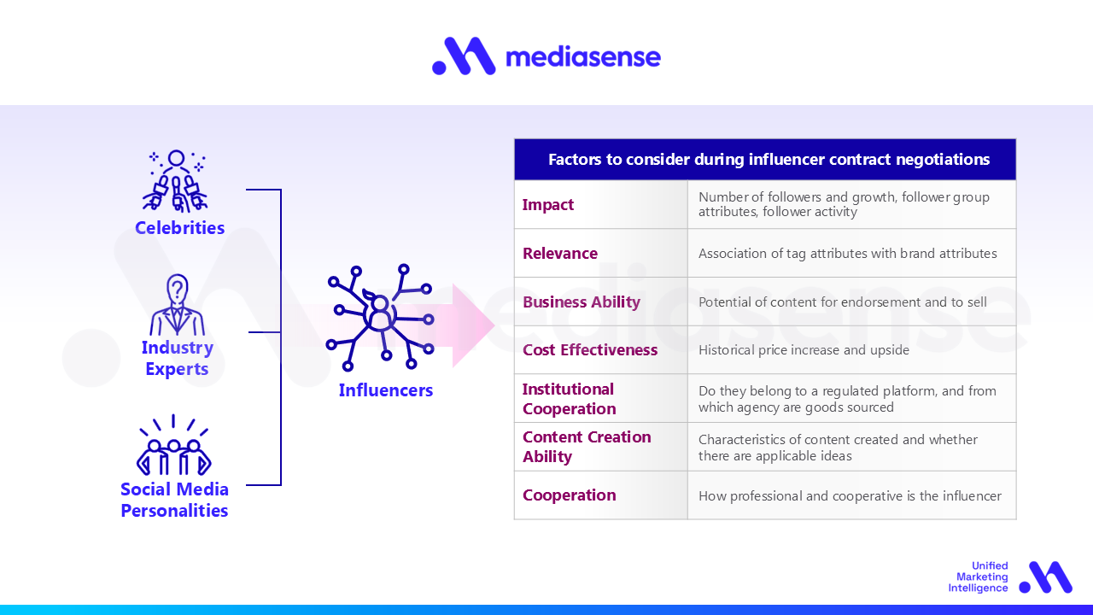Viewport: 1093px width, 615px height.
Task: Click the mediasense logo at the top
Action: coord(546,56)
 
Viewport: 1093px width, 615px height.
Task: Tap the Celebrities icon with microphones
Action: coord(175,181)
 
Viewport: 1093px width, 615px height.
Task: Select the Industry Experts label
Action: coord(177,358)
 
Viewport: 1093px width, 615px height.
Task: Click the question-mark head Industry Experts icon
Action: coord(177,306)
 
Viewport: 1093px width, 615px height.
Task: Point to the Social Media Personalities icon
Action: coord(173,446)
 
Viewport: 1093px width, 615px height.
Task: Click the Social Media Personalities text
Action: coord(174,500)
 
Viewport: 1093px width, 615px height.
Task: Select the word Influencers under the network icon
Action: coord(386,390)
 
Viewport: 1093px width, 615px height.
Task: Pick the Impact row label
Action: coord(548,205)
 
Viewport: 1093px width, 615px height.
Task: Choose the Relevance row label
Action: coord(560,254)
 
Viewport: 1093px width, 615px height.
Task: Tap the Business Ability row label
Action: coord(582,302)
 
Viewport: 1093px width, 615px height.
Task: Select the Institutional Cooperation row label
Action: coord(569,399)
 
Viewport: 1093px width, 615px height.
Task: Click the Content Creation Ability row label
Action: coord(587,447)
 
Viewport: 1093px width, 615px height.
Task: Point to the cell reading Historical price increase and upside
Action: coord(804,350)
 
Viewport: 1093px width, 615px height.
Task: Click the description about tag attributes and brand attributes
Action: coord(848,254)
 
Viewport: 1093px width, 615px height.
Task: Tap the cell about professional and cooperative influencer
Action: coord(850,495)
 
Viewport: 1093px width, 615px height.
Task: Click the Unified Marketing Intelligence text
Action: coord(978,577)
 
